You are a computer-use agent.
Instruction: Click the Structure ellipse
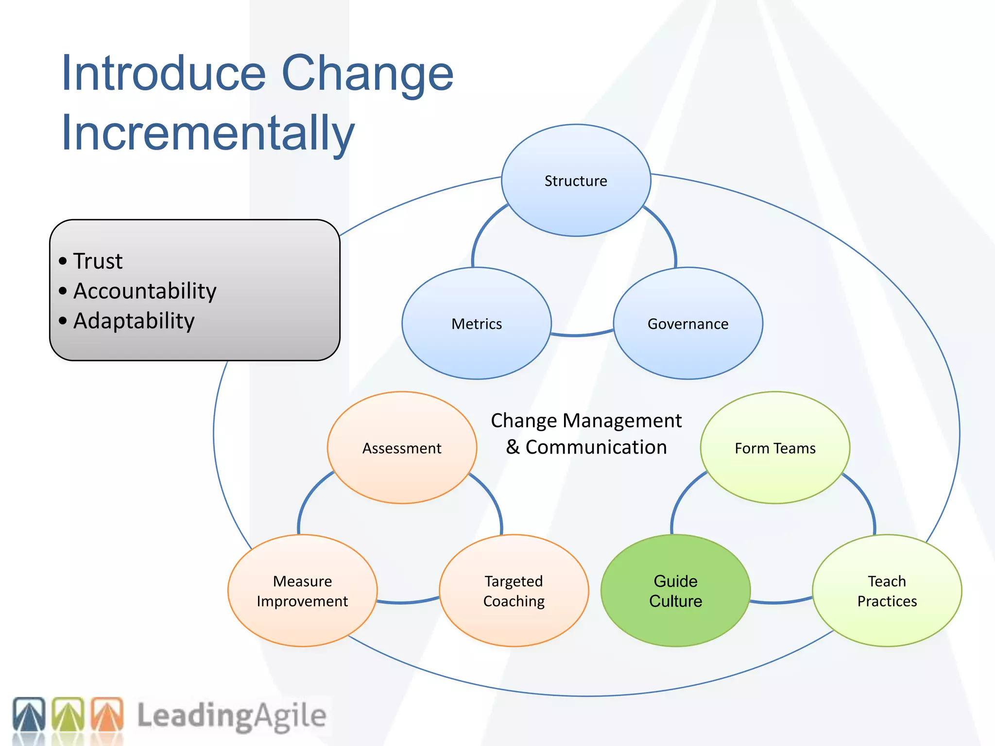[x=576, y=181]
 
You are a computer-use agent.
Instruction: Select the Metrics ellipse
[x=477, y=323]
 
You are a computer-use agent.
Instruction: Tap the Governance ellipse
[x=688, y=323]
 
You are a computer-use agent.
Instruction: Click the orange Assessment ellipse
[x=402, y=448]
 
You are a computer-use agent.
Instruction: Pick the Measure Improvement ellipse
[x=302, y=591]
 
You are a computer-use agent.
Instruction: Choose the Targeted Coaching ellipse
[x=514, y=591]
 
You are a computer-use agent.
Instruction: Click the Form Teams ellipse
[x=775, y=448]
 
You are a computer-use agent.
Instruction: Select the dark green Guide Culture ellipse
[x=675, y=591]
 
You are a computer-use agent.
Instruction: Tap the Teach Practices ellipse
[x=887, y=591]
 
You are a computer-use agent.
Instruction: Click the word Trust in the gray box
[x=98, y=261]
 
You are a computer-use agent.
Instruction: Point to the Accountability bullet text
[x=144, y=291]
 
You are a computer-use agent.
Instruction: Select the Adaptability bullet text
[x=134, y=321]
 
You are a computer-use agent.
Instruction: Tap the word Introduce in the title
[x=163, y=73]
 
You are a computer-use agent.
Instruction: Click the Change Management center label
[x=586, y=421]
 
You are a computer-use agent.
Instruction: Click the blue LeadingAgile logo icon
[x=29, y=714]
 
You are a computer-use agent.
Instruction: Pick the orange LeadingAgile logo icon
[x=107, y=714]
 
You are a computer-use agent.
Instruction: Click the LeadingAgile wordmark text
[x=231, y=716]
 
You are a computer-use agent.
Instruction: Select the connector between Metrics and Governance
[x=582, y=335]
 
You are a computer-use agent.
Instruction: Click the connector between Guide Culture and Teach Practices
[x=781, y=602]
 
